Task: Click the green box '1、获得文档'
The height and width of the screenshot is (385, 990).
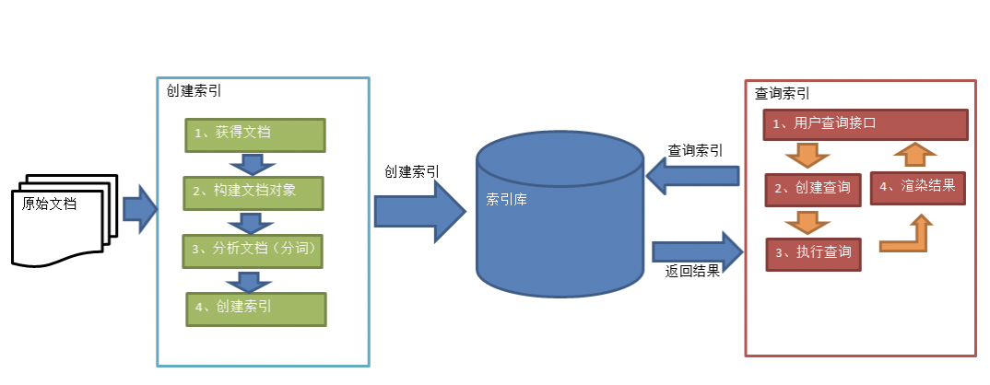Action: coord(254,134)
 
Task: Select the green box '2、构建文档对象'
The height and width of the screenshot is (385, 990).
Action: coord(254,192)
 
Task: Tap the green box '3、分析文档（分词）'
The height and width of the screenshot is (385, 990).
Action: coord(254,251)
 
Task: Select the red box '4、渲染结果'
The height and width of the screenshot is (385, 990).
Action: coord(917,187)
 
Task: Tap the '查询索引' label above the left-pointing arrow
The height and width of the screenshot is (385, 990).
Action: coord(695,150)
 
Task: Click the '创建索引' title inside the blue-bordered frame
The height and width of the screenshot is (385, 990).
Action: coord(194,91)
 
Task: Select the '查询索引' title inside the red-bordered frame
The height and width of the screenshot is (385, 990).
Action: coord(783,93)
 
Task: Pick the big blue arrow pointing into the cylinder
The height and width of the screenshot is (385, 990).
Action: coord(419,212)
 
